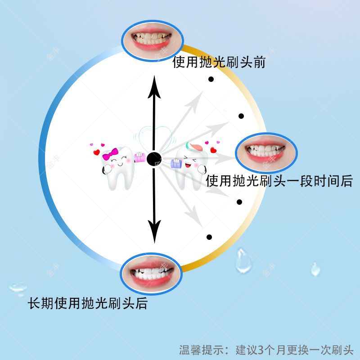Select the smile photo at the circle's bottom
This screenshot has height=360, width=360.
pyautogui.click(x=151, y=272)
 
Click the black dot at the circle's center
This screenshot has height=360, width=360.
pyautogui.click(x=154, y=157)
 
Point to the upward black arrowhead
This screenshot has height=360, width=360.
pyautogui.click(x=154, y=85)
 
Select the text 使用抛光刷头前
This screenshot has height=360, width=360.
pyautogui.click(x=219, y=63)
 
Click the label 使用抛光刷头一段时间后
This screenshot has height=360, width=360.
pyautogui.click(x=279, y=181)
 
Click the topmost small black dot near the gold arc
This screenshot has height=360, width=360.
pyautogui.click(x=210, y=80)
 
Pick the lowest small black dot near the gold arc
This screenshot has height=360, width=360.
pyautogui.click(x=209, y=237)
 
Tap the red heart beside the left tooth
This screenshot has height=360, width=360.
pyautogui.click(x=96, y=152)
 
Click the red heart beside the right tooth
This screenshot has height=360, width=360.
pyautogui.click(x=213, y=150)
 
